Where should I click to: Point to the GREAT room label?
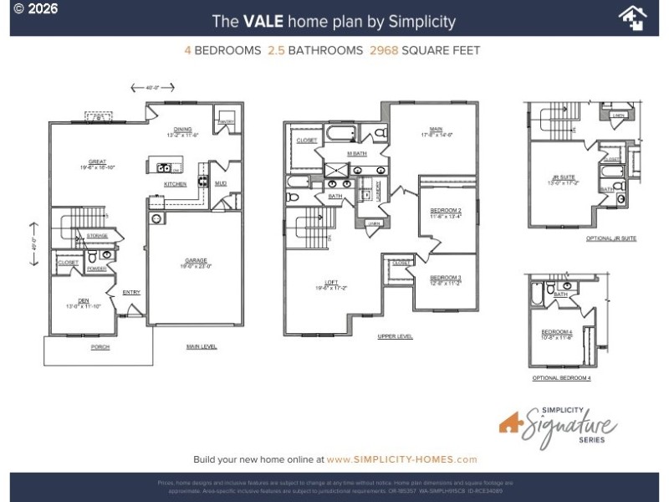coord(98,161)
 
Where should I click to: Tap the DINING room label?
coord(183,129)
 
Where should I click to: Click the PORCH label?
coord(100,347)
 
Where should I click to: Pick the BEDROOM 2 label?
coord(446,210)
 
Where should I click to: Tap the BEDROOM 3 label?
coord(446,278)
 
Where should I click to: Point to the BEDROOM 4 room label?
coord(556,332)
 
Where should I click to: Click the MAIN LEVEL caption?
coord(202,346)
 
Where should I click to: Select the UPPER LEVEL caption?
coord(395,336)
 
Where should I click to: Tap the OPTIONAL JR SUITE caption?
coord(611,238)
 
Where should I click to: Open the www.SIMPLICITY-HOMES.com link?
coord(401,459)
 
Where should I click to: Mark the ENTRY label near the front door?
coord(131,292)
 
